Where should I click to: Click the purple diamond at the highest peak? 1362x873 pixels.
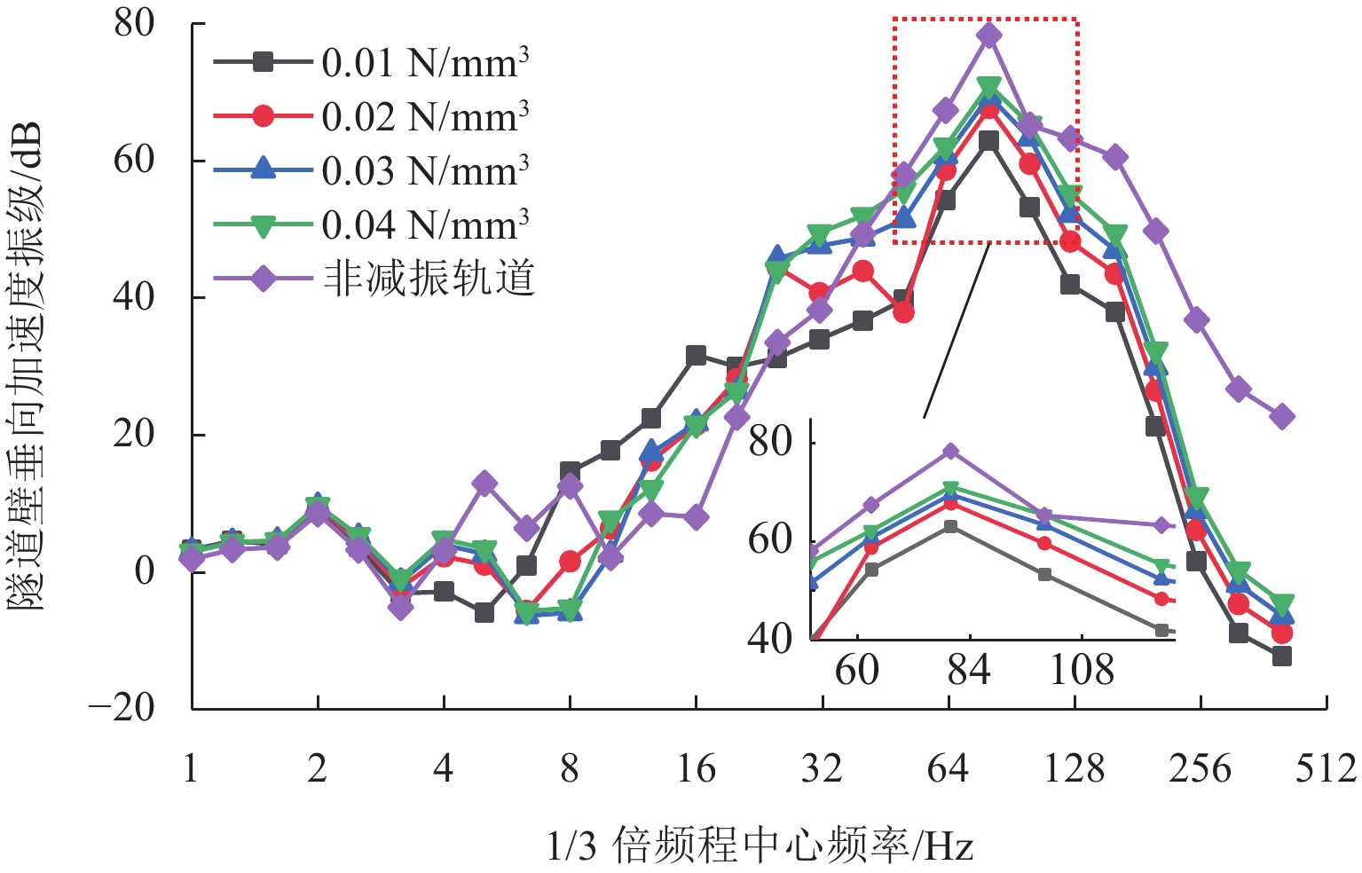click(x=988, y=35)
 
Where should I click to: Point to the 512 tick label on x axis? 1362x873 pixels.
click(x=1326, y=768)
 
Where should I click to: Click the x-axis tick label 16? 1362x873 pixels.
click(x=696, y=768)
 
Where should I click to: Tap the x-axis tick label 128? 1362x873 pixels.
click(x=1074, y=768)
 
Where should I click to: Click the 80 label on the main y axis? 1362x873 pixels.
click(x=135, y=24)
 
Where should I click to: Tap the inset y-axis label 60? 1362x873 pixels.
click(x=770, y=539)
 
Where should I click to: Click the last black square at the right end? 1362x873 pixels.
click(x=1281, y=657)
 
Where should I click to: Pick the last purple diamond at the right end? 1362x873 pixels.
click(x=1281, y=416)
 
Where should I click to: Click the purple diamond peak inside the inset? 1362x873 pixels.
click(x=950, y=452)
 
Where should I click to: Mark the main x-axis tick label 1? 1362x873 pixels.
click(x=191, y=768)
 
